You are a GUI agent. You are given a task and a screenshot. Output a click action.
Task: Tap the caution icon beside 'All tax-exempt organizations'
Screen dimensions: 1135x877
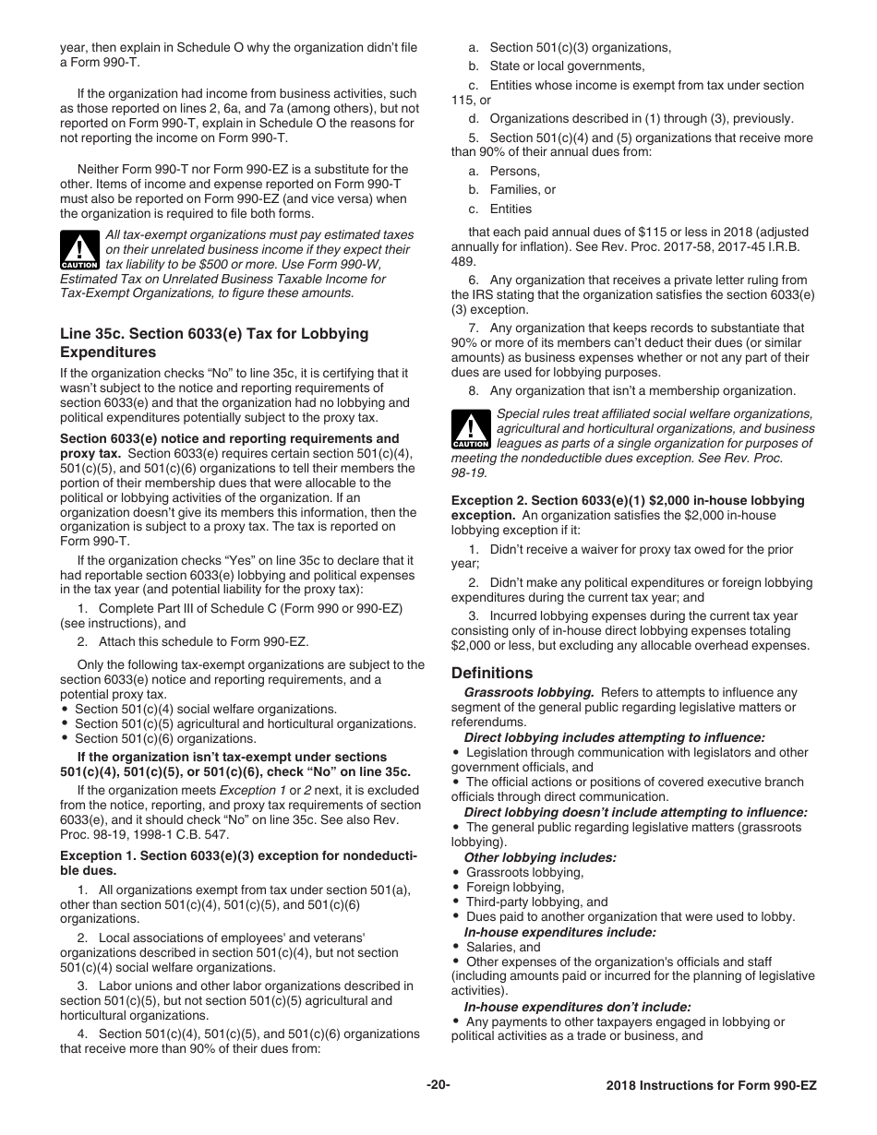79,249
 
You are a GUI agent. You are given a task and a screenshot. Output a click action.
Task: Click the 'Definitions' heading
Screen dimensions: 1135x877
492,673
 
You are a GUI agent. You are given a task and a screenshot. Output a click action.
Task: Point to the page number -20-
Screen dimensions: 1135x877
438,1084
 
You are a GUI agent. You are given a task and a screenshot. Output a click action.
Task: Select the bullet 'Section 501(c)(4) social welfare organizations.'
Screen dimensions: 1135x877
192,709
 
